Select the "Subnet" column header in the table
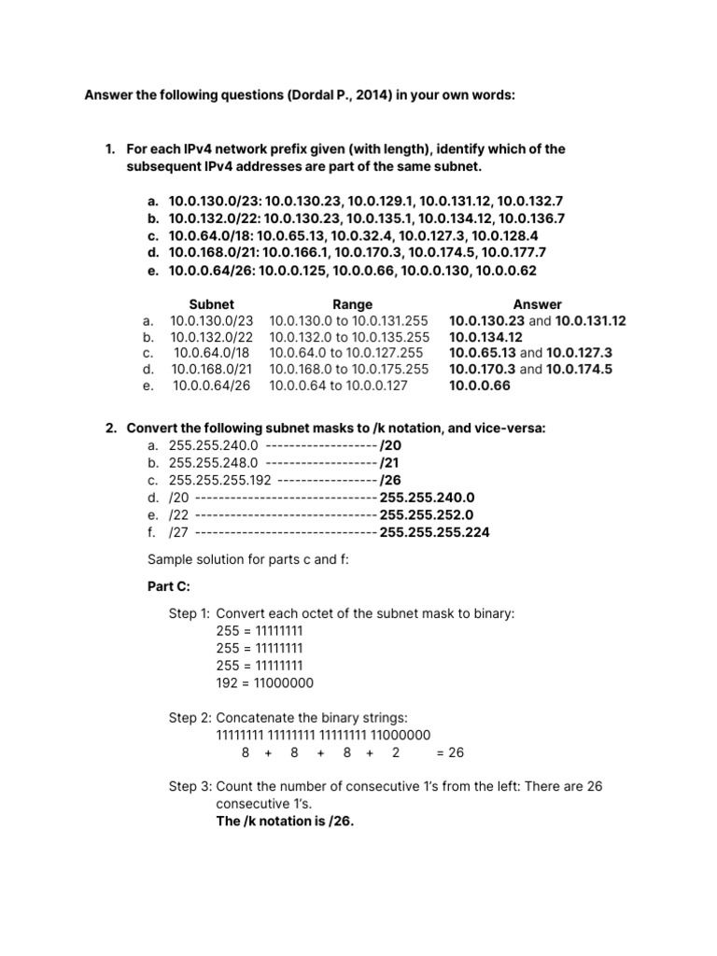click(212, 304)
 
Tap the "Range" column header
click(352, 304)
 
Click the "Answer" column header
click(537, 304)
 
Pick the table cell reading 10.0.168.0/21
click(212, 369)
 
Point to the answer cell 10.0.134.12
click(485, 337)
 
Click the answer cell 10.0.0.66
click(480, 385)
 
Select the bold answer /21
click(390, 462)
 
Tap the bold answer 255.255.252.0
click(428, 514)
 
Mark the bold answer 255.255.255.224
click(434, 532)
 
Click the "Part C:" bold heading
click(170, 585)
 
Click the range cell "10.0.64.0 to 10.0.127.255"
click(346, 353)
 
